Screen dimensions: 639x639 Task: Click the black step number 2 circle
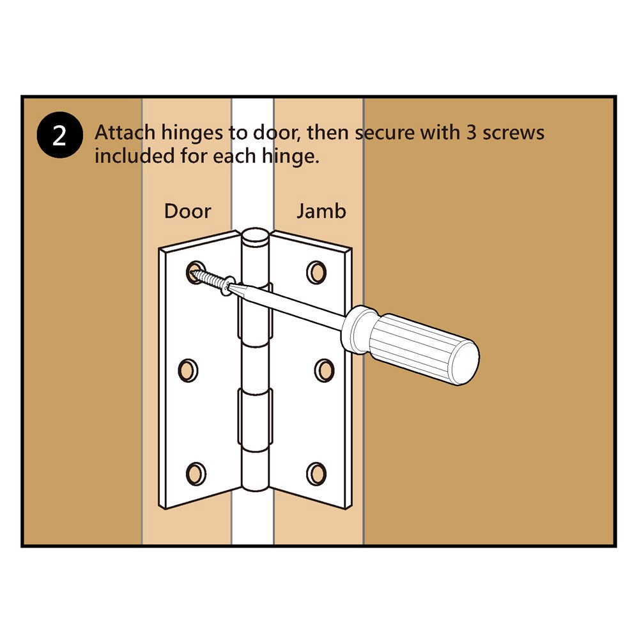(59, 136)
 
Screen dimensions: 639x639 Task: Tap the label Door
(187, 211)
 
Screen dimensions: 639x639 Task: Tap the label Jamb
(321, 211)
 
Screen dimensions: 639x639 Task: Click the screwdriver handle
(415, 346)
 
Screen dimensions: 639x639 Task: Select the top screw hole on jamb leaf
(316, 272)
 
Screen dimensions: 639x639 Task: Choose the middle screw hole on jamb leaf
(323, 370)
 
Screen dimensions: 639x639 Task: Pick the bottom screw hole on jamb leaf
(316, 473)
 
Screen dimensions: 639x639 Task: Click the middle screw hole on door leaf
(189, 370)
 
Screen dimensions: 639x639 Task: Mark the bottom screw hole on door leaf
(196, 473)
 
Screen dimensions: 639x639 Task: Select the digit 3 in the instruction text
(466, 133)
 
